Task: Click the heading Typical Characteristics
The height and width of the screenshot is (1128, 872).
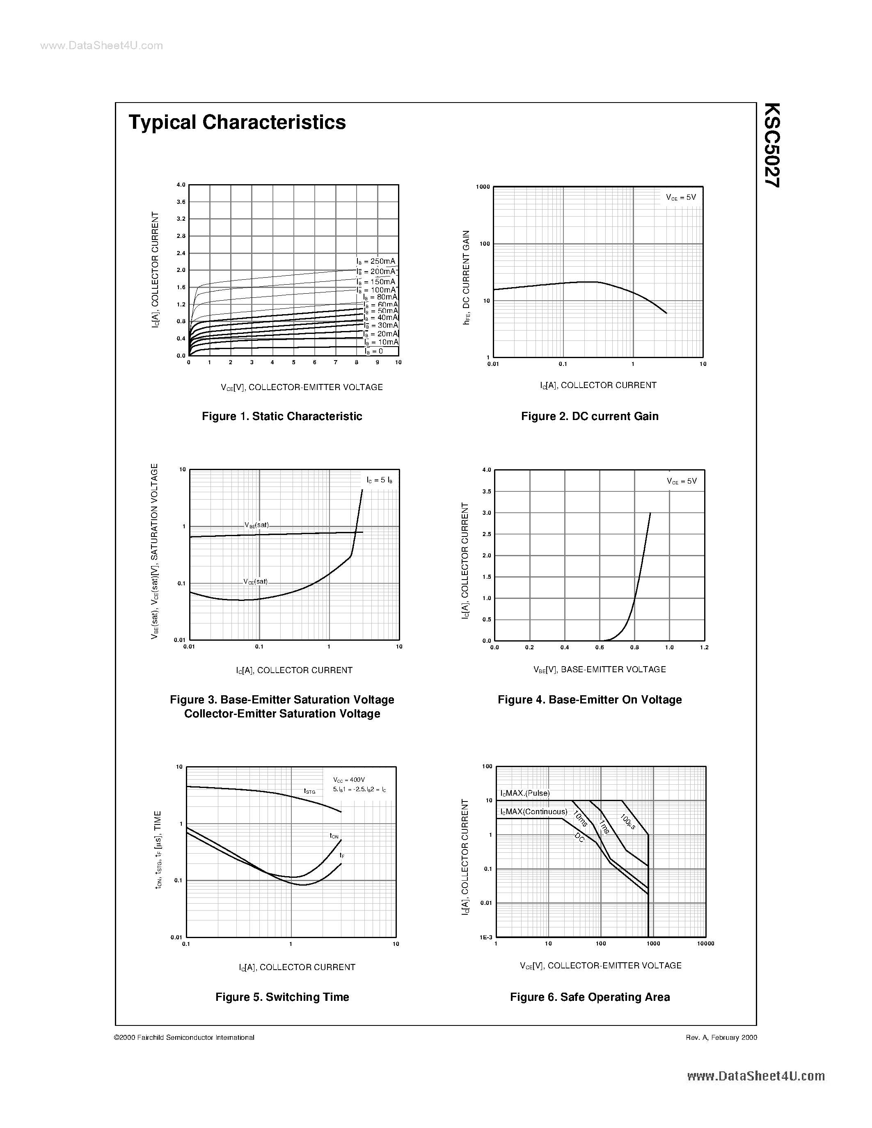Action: tap(237, 122)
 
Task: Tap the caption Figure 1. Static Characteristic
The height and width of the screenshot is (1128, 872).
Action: tap(282, 416)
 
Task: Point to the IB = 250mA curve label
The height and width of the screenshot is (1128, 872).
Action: tap(375, 261)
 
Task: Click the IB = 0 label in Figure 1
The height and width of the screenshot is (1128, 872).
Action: tap(373, 351)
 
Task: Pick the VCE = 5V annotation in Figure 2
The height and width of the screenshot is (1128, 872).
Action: tap(681, 197)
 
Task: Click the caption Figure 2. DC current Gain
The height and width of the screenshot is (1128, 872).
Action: tap(589, 416)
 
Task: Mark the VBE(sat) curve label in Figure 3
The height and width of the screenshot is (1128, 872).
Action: tap(257, 525)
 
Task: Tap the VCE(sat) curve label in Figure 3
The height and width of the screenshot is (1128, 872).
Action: tap(256, 582)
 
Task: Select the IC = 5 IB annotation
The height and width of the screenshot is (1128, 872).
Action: tap(379, 480)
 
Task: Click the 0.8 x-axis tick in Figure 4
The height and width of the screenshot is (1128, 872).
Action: tap(634, 647)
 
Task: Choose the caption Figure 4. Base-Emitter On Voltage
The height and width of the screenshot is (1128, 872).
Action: tap(589, 700)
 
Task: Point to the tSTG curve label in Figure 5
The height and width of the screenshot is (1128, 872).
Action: tap(309, 791)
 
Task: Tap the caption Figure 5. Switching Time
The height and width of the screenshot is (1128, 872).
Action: tap(282, 997)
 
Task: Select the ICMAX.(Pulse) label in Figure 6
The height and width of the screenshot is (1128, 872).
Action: tap(525, 793)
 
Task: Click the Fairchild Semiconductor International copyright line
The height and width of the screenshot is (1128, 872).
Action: tap(184, 1037)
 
